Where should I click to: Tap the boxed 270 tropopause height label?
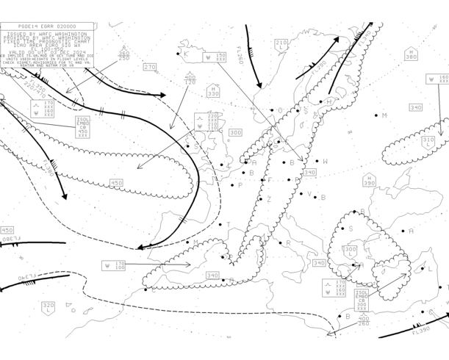150,67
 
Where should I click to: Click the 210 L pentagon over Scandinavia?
281,46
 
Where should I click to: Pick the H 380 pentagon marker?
411,54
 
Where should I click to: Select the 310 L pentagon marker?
428,141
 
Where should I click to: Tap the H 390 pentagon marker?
369,181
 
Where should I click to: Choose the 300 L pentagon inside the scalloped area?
351,252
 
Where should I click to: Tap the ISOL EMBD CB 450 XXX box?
84,127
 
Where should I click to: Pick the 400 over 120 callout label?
190,79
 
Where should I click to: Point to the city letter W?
326,162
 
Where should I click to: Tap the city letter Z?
269,199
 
